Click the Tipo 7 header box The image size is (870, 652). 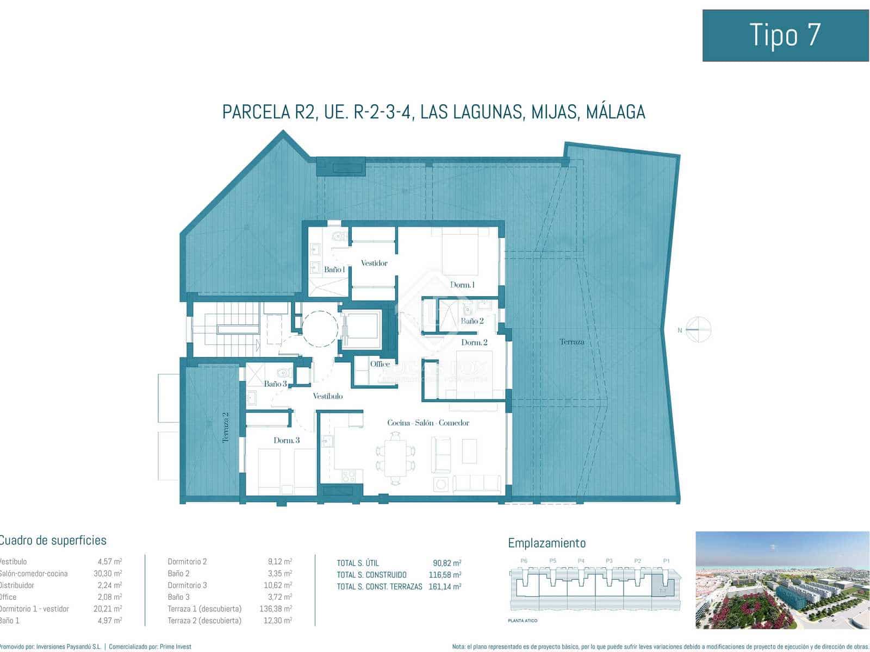coord(785,35)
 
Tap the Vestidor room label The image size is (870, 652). coord(374,264)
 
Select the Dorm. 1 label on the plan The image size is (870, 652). coord(462,285)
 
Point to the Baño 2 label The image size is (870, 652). coord(472,321)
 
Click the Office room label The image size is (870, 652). coord(380,364)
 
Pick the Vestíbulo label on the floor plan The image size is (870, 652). coord(328,396)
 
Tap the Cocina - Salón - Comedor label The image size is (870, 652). coord(428,423)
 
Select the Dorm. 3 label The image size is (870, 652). coord(287,440)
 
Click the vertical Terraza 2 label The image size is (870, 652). coord(226,427)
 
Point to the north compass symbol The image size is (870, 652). coord(698,329)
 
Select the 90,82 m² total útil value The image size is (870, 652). coord(446,563)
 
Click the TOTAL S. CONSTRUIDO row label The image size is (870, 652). coord(371,575)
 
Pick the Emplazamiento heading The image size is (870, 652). coord(546,543)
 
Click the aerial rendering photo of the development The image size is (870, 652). coord(782,580)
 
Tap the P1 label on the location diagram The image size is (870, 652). coord(666,561)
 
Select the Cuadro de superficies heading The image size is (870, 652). coord(53,541)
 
